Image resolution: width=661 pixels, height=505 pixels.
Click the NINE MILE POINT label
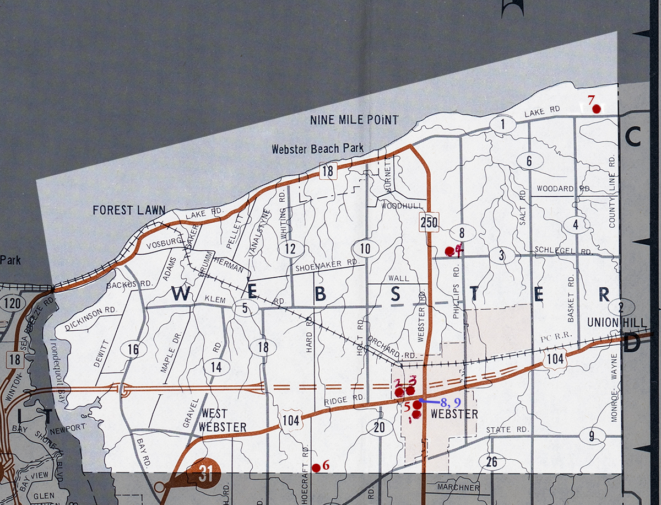354,120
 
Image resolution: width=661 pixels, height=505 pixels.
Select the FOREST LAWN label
121,210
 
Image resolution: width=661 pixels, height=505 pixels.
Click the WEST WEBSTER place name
223,420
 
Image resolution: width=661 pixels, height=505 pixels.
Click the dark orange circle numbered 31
205,475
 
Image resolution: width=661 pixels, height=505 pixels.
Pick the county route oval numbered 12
290,249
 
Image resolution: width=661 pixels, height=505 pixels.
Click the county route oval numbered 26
491,461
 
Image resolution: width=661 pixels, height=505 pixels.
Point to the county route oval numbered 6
529,162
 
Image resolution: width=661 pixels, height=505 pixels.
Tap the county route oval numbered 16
133,350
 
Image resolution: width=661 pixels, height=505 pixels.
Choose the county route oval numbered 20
379,427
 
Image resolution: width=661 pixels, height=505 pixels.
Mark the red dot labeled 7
595,109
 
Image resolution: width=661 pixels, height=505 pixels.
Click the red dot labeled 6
316,468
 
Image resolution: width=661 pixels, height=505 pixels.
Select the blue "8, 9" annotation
450,402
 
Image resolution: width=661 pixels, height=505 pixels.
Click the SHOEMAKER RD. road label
326,265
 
